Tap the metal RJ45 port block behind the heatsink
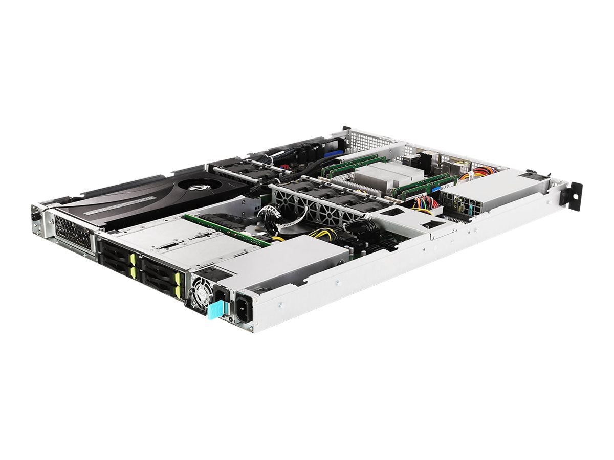pos(412,161)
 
